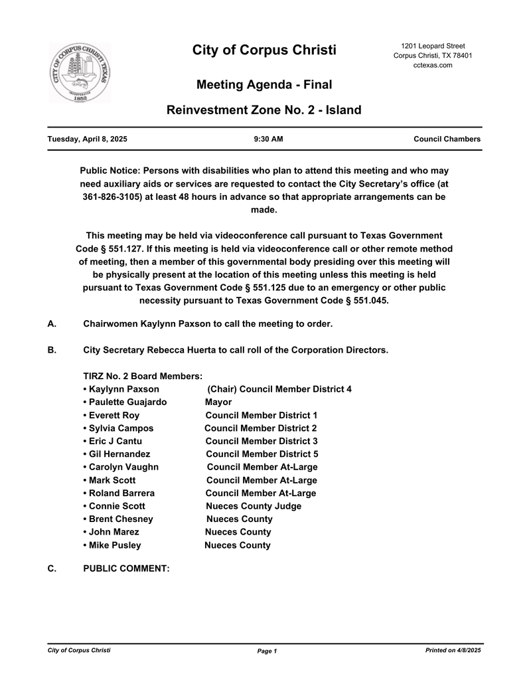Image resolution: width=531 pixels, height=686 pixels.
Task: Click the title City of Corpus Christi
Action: click(x=264, y=50)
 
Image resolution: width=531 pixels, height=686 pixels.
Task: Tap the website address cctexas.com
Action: click(x=432, y=65)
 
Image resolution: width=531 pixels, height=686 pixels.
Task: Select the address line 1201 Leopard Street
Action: click(x=433, y=45)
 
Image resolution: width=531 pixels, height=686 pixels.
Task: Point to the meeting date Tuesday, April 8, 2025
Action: click(x=88, y=139)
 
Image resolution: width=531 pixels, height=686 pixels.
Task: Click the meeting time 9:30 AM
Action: click(x=268, y=139)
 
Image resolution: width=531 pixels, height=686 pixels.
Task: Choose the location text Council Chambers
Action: click(x=447, y=139)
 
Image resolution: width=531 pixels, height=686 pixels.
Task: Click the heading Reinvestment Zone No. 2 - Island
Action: click(x=264, y=110)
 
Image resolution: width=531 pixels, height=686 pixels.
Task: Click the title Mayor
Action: click(x=218, y=402)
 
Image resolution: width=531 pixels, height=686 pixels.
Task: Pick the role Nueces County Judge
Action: click(x=253, y=506)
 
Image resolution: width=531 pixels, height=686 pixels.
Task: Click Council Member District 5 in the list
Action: click(x=262, y=454)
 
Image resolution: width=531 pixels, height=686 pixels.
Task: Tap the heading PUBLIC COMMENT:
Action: click(x=126, y=568)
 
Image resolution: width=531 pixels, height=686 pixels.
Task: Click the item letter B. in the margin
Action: click(x=52, y=350)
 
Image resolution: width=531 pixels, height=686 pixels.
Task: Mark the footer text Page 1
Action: click(x=267, y=651)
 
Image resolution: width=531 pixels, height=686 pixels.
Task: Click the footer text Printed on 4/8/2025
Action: click(x=453, y=650)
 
